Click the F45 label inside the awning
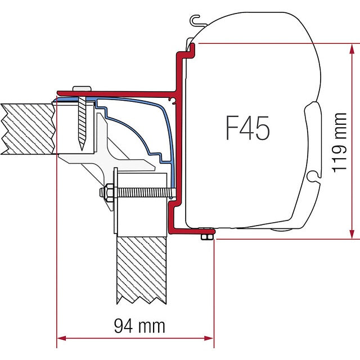click(247, 128)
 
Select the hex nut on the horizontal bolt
click(106, 192)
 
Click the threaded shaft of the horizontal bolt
click(141, 192)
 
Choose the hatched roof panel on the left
click(28, 129)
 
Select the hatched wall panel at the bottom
click(142, 268)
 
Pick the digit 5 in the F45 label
click(262, 128)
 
